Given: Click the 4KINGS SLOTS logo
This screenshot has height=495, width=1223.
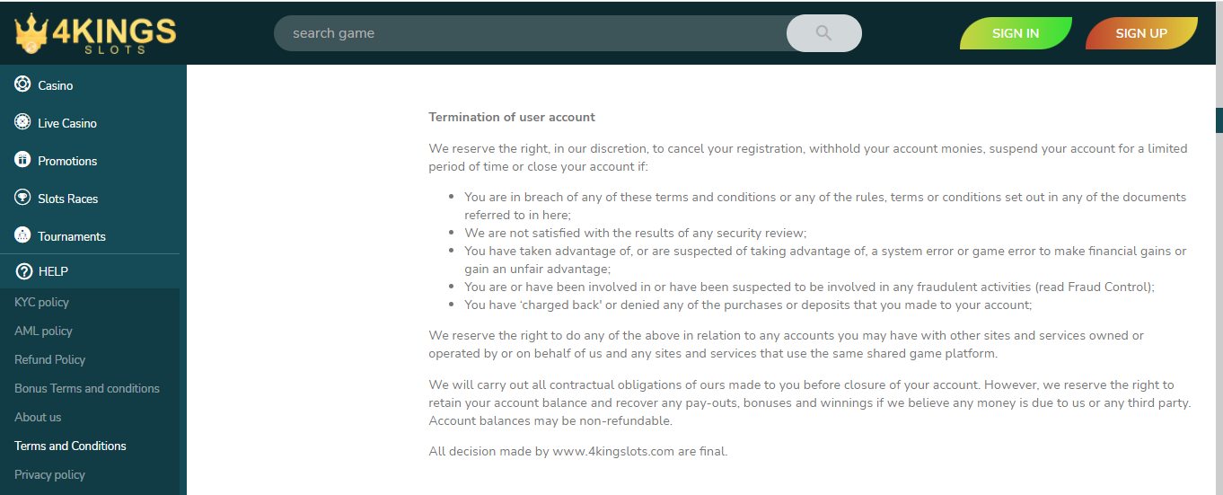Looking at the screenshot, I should [95, 34].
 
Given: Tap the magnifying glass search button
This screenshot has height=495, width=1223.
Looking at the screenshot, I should [823, 33].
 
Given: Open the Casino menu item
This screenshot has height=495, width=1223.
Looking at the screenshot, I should [56, 85].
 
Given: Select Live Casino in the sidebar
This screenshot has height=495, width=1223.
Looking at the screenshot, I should [66, 123].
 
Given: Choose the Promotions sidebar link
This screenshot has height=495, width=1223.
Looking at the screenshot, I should [67, 161].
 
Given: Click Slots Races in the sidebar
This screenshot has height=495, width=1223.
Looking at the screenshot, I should [68, 199].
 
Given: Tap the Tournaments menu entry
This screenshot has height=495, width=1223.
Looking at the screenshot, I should [72, 236].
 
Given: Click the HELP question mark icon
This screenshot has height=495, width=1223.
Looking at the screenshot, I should [24, 271].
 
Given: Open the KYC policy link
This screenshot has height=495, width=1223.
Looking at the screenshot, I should [41, 303].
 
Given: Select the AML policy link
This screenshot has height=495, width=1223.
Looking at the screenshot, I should [43, 331].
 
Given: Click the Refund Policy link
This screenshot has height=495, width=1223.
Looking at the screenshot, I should [50, 360].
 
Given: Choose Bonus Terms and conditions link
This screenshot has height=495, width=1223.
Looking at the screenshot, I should [87, 389].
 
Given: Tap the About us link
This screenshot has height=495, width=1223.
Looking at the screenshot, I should [38, 418].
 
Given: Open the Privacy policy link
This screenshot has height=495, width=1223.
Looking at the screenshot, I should [49, 475].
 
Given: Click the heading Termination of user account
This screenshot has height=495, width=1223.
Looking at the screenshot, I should [512, 118].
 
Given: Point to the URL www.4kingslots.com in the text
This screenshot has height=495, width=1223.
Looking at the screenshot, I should [613, 452].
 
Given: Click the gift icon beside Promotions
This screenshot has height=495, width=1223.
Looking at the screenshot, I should [23, 160].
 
